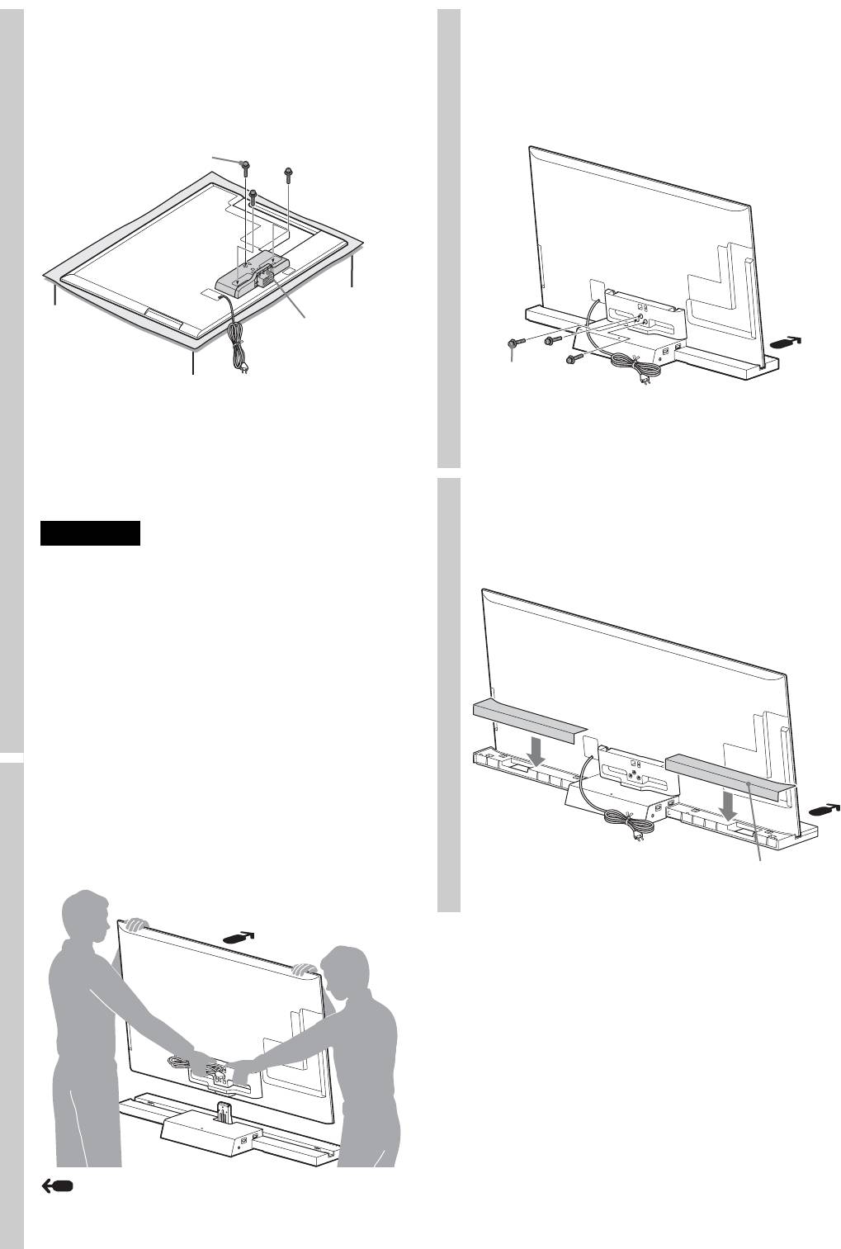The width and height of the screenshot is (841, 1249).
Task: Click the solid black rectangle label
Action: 90,533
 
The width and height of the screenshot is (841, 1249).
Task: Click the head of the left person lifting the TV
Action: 89,918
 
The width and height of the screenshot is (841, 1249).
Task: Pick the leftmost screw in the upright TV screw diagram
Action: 514,343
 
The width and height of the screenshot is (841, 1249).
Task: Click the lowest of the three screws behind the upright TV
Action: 570,360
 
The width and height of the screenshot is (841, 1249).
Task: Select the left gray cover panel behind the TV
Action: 528,719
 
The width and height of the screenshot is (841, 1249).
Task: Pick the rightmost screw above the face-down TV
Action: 288,174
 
